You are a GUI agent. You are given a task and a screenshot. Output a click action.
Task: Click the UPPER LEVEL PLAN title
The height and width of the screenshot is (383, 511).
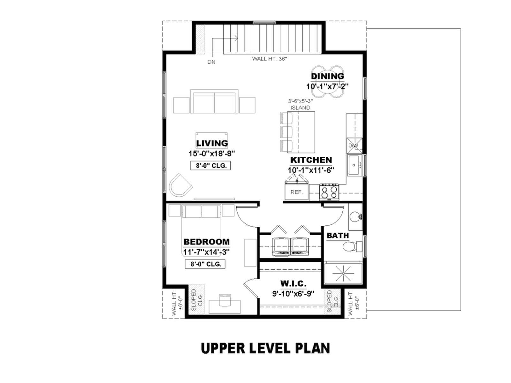tap(265, 348)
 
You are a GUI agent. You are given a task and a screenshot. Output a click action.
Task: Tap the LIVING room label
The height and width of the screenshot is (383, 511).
tap(212, 143)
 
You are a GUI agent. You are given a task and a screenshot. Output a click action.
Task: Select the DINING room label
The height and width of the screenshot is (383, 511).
tap(327, 76)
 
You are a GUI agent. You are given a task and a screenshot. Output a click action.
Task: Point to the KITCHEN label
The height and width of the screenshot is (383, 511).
tap(311, 160)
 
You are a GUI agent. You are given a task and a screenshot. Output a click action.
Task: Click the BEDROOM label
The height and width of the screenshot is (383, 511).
tap(207, 242)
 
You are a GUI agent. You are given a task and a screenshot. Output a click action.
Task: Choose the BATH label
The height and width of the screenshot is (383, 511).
tap(338, 236)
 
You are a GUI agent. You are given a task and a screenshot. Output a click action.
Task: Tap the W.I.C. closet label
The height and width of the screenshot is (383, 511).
tap(293, 283)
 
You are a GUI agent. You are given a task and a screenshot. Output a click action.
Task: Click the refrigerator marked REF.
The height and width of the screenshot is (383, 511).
tap(297, 191)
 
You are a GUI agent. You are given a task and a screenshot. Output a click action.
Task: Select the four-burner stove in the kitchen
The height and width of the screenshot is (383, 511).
tap(329, 192)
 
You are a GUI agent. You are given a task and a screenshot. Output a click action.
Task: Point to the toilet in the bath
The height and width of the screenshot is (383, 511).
tap(352, 246)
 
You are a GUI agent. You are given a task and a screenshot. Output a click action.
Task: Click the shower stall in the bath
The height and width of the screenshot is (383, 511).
tap(343, 273)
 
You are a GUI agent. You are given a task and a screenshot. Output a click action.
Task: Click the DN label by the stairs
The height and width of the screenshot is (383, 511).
tap(211, 62)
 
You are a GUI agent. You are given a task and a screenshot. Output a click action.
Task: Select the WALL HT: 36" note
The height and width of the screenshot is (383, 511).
tap(269, 59)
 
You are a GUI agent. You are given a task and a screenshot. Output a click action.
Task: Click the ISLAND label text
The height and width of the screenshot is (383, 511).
tap(300, 108)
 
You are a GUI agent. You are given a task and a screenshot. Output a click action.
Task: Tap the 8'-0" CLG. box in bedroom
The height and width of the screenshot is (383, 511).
tap(205, 264)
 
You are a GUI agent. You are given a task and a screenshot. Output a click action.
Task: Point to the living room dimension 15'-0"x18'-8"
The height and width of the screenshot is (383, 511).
tap(212, 154)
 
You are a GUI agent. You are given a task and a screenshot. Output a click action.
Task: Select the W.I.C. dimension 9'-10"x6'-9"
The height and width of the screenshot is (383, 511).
tap(293, 294)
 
